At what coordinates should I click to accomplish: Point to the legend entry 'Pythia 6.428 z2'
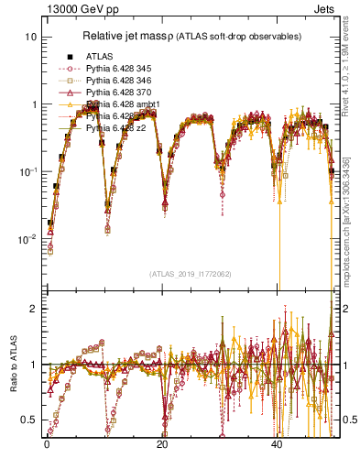[x=118, y=129]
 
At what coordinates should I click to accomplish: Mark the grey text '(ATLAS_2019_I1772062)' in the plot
[x=189, y=273]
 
